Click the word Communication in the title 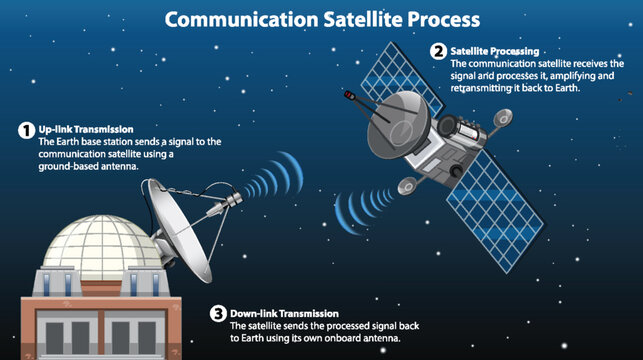[229, 19]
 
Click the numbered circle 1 [26, 130]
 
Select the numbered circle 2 [438, 51]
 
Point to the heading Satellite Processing [494, 50]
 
